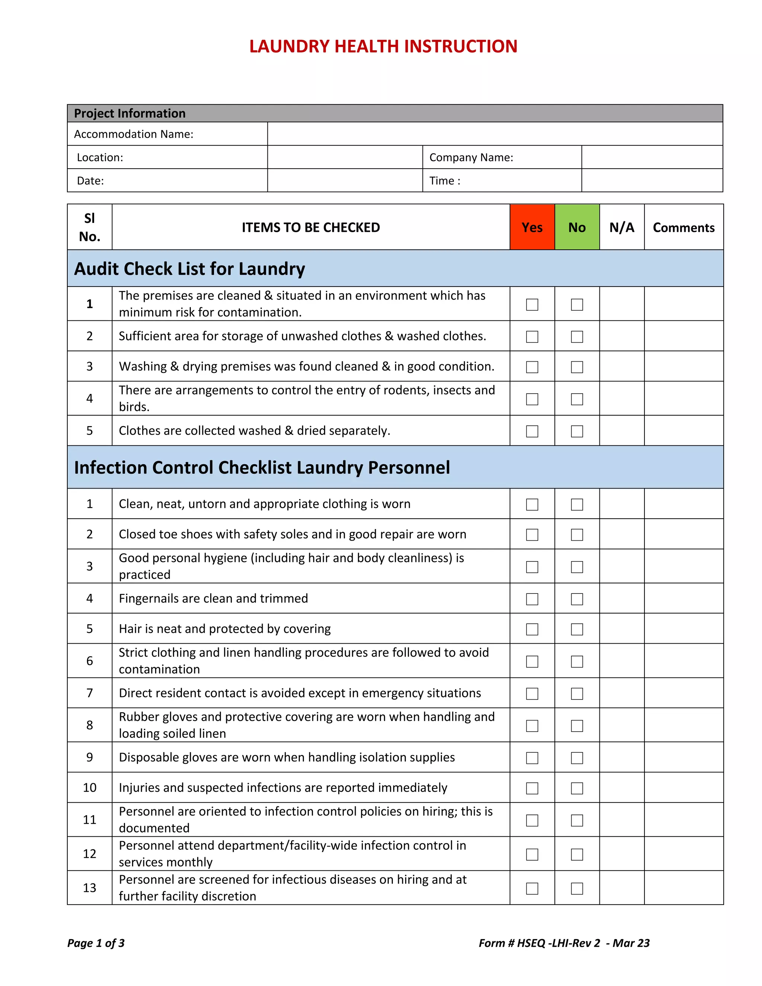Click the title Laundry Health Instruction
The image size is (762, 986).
(x=383, y=47)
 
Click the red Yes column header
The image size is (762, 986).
(x=532, y=227)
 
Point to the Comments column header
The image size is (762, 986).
(x=683, y=227)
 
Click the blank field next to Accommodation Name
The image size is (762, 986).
(x=494, y=134)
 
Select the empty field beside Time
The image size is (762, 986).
(x=651, y=180)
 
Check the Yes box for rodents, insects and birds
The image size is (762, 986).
(x=532, y=399)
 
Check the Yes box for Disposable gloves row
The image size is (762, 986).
(x=532, y=758)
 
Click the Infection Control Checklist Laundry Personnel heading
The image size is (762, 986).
(x=262, y=467)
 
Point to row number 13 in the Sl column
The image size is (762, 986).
(x=89, y=887)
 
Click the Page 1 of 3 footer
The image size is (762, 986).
(x=96, y=943)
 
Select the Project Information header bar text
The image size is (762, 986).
(x=129, y=113)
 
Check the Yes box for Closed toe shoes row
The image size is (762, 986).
(x=532, y=535)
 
